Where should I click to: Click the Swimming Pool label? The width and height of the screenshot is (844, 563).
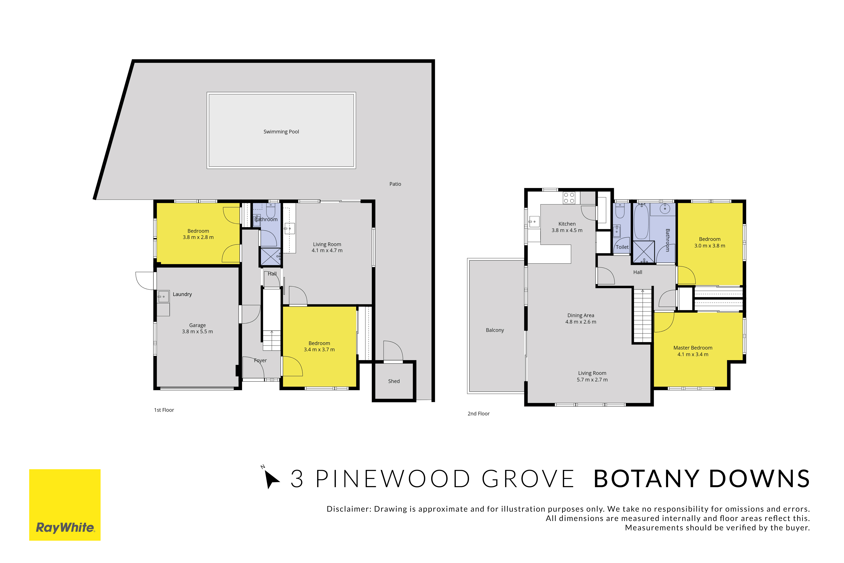(x=281, y=132)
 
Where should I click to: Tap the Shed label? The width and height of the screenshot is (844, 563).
(x=394, y=381)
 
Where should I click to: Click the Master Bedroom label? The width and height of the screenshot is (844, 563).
(x=693, y=348)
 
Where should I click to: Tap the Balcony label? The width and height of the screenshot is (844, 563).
(x=495, y=330)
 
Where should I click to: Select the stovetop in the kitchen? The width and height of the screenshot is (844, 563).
(x=569, y=198)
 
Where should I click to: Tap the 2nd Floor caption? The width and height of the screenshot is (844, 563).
(x=479, y=414)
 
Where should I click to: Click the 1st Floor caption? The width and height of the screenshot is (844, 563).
(x=164, y=410)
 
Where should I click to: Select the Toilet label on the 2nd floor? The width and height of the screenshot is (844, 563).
(x=622, y=247)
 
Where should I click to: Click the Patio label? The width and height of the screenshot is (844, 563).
(x=395, y=184)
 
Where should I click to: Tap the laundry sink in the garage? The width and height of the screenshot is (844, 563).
(x=163, y=297)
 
